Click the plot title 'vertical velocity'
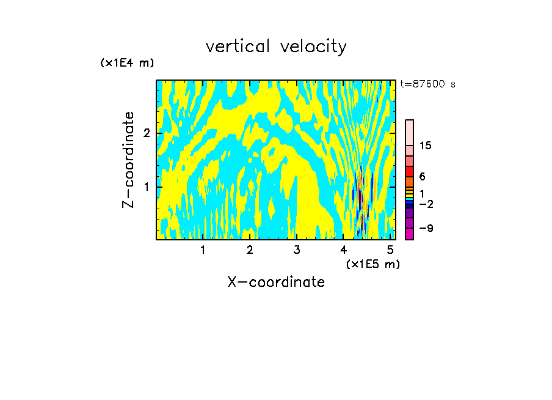[x=276, y=46]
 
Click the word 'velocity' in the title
[x=313, y=46]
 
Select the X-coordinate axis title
[x=276, y=282]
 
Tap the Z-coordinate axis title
[x=128, y=160]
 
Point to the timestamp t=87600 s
[x=427, y=84]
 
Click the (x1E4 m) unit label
[x=127, y=63]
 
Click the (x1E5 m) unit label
[x=372, y=264]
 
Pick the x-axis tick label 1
[x=203, y=250]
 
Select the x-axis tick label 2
[x=250, y=250]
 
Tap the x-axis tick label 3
[x=297, y=250]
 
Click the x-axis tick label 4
[x=343, y=250]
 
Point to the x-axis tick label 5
[x=390, y=250]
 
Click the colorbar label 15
[x=426, y=146]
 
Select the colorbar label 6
[x=422, y=177]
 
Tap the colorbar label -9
[x=425, y=228]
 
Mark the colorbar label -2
[x=425, y=204]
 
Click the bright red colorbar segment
[x=409, y=171]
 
